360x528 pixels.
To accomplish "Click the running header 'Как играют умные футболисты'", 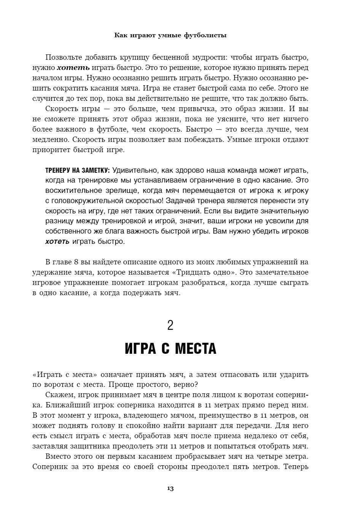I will click(x=170, y=35).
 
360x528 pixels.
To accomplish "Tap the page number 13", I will click(x=170, y=488).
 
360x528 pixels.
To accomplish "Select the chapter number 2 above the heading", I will click(x=170, y=326).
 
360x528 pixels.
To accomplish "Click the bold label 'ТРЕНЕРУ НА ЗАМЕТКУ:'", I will click(x=78, y=170).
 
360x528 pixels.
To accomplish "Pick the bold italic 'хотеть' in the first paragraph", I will click(x=73, y=68).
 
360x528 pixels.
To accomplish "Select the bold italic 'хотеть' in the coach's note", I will click(x=57, y=241).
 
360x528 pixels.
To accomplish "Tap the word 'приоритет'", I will click(x=49, y=149).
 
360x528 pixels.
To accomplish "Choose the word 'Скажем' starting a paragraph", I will click(x=57, y=395).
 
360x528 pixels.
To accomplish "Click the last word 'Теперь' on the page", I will click(x=296, y=467).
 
